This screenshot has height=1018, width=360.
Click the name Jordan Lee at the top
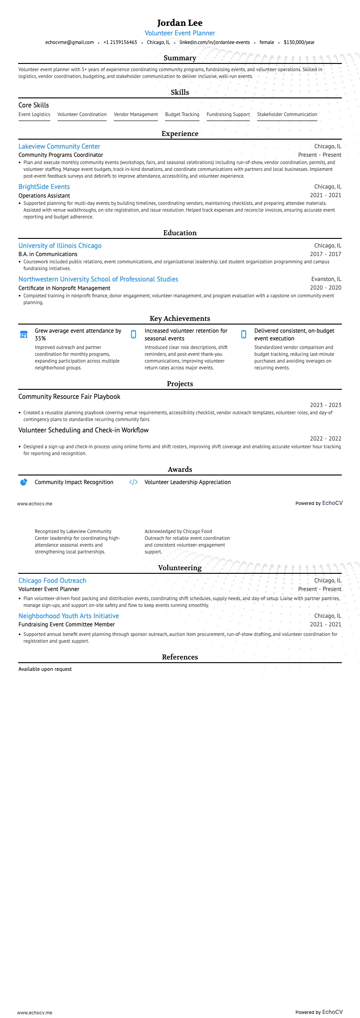pyautogui.click(x=180, y=23)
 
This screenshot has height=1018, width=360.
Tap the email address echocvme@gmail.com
pyautogui.click(x=69, y=42)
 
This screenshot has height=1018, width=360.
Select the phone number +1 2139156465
pyautogui.click(x=120, y=42)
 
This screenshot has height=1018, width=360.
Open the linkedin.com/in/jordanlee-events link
pyautogui.click(x=214, y=42)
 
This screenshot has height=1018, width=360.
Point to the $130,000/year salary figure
pyautogui.click(x=299, y=42)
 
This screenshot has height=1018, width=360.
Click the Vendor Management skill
pyautogui.click(x=136, y=115)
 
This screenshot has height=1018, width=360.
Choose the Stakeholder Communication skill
pyautogui.click(x=287, y=115)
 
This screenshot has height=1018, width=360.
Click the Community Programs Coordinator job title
pyautogui.click(x=61, y=155)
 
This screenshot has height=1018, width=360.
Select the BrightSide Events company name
pyautogui.click(x=44, y=187)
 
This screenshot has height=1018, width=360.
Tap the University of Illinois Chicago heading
pyautogui.click(x=60, y=246)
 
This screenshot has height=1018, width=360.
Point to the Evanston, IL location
pyautogui.click(x=326, y=279)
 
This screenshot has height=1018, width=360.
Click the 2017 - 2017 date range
pyautogui.click(x=325, y=254)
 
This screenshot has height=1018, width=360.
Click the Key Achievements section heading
pyautogui.click(x=180, y=319)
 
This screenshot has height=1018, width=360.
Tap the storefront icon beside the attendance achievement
pyautogui.click(x=24, y=334)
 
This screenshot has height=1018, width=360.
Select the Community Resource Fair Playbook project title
pyautogui.click(x=69, y=397)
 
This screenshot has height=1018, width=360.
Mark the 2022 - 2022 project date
pyautogui.click(x=325, y=439)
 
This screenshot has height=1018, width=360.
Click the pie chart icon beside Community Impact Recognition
pyautogui.click(x=24, y=482)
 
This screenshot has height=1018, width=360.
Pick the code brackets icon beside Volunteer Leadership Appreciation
pyautogui.click(x=133, y=482)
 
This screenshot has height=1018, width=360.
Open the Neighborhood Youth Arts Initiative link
pyautogui.click(x=68, y=616)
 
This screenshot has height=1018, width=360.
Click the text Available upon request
pyautogui.click(x=45, y=669)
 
